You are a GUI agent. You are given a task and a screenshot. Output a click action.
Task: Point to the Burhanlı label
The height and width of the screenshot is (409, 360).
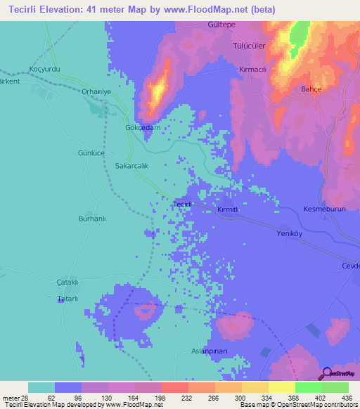91,219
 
